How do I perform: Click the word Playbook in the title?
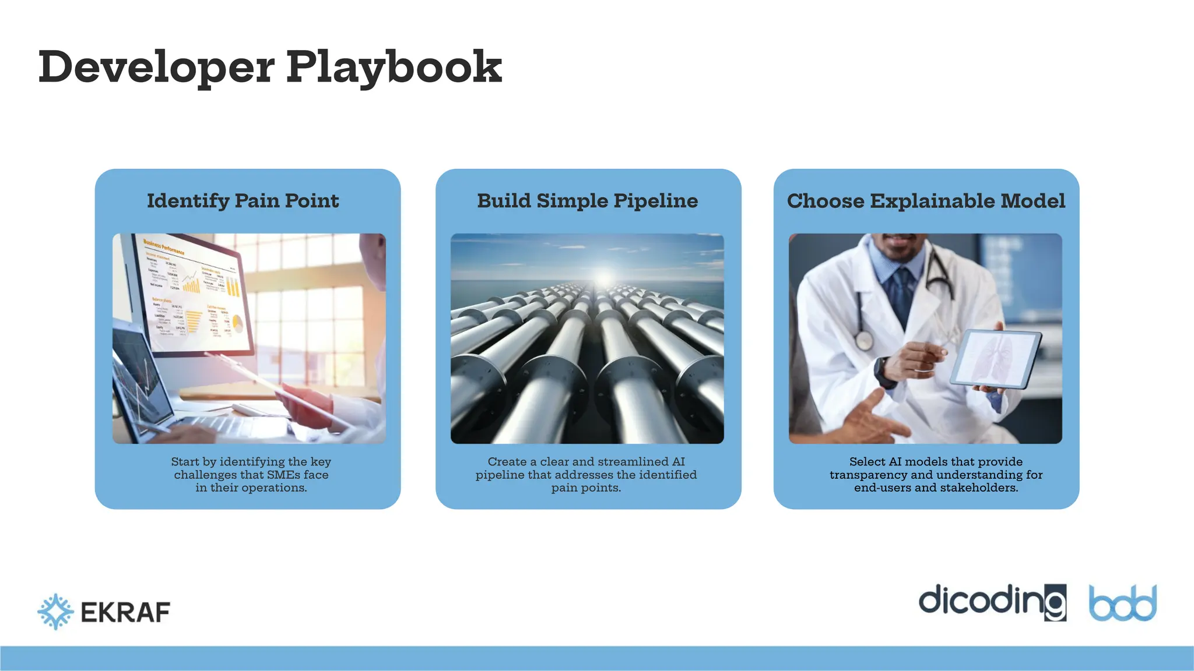point(394,67)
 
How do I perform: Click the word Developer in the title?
point(156,67)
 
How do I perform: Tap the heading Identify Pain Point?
point(243,201)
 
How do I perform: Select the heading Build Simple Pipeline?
point(587,201)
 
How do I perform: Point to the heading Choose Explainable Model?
point(926,201)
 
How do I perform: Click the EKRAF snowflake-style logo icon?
point(55,612)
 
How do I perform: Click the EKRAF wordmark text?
point(125,613)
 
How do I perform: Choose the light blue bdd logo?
point(1123,603)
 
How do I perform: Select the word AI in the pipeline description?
point(678,461)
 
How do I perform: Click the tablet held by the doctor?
point(996,359)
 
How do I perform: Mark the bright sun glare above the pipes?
point(605,278)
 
